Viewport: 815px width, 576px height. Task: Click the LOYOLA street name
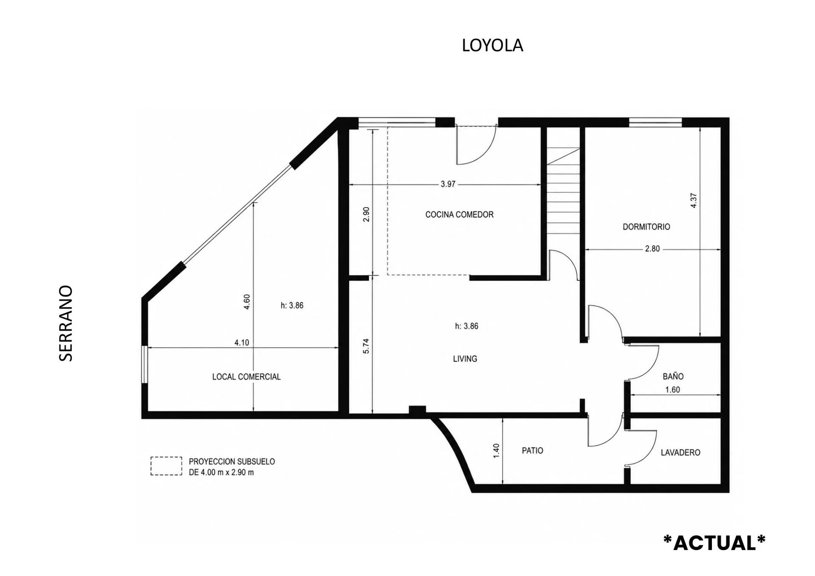tap(492, 45)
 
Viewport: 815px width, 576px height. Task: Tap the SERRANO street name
tap(66, 323)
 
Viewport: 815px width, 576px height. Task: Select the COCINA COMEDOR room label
tap(459, 215)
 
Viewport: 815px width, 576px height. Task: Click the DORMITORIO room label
tap(646, 227)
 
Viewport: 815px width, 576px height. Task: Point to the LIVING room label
tap(465, 359)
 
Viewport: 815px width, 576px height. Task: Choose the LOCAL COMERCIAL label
tap(246, 377)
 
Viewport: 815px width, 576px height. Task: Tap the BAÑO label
tap(673, 376)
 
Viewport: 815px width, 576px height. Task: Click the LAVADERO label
tap(680, 453)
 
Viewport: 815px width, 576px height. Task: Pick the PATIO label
tap(532, 451)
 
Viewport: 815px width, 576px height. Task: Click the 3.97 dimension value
tap(448, 184)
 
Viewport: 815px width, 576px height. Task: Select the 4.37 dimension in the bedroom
tap(694, 200)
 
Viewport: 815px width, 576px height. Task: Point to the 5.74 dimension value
tap(366, 346)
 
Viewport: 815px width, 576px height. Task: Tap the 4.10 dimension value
tap(242, 343)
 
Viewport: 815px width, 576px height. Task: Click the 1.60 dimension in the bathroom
tap(672, 390)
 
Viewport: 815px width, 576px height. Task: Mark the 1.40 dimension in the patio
tap(496, 451)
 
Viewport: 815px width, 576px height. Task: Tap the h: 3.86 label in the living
tap(467, 326)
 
